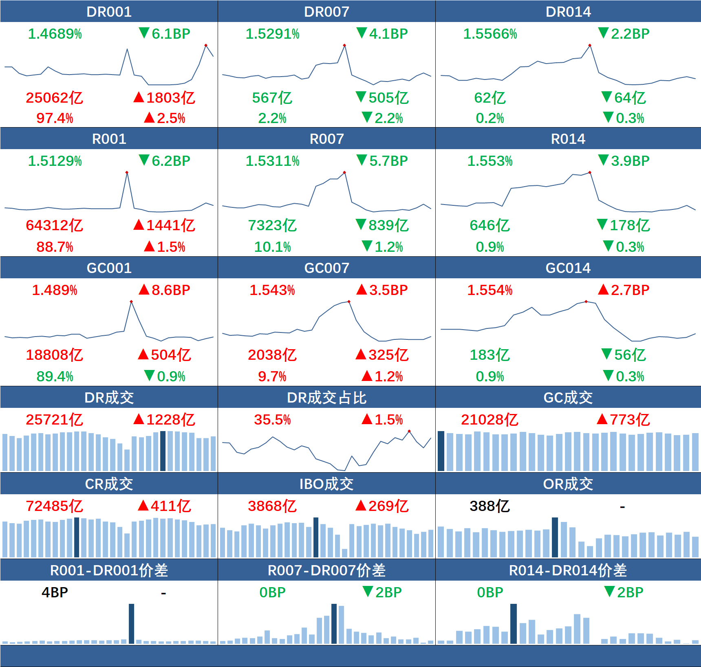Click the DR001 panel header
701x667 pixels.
click(x=109, y=11)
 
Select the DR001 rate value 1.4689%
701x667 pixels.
click(x=55, y=34)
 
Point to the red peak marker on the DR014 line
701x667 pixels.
click(x=590, y=45)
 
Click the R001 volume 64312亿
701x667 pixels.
click(x=54, y=225)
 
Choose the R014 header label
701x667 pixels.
click(x=568, y=139)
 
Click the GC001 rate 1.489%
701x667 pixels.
click(x=55, y=290)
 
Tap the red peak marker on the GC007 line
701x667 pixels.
click(x=349, y=302)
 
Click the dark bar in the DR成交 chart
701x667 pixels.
click(x=163, y=451)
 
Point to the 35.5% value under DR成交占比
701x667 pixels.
click(x=272, y=420)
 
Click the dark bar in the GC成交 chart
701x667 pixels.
click(x=441, y=451)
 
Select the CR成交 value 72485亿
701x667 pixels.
click(x=54, y=506)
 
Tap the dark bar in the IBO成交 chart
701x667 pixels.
click(x=316, y=537)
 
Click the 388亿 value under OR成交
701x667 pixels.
click(x=489, y=506)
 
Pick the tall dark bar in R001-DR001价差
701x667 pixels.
click(x=131, y=624)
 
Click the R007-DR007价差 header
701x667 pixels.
click(x=326, y=570)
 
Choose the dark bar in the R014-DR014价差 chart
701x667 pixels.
click(x=514, y=624)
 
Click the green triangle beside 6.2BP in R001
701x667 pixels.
click(x=144, y=160)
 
